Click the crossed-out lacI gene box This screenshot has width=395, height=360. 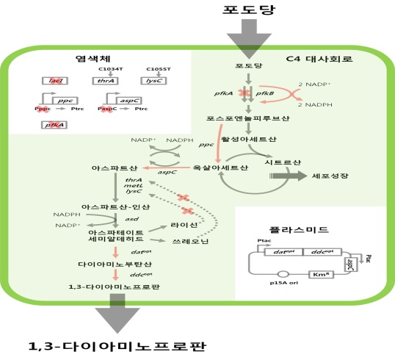point(55,81)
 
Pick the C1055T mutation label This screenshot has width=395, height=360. point(159,68)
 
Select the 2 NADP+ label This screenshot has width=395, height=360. point(316,85)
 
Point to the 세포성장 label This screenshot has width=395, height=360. point(328,177)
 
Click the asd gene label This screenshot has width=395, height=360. point(132,218)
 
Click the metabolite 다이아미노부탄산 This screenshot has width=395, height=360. point(112,263)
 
